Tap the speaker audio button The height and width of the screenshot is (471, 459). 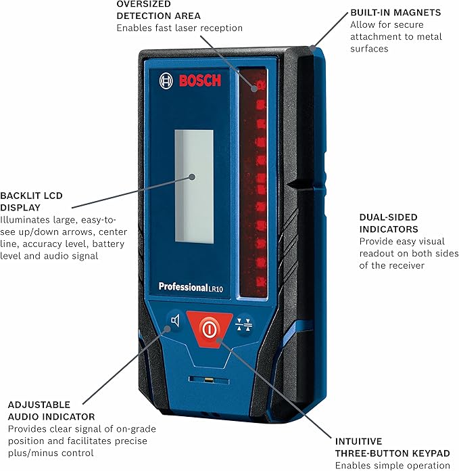tap(175, 321)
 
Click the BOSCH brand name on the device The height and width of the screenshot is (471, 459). tap(199, 81)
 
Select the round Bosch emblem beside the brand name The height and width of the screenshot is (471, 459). tap(166, 81)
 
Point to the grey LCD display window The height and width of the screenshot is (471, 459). tap(194, 185)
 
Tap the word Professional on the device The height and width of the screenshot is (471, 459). tap(183, 287)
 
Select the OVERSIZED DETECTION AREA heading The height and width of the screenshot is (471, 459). tap(158, 9)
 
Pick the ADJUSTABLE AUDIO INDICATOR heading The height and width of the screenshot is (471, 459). tap(51, 410)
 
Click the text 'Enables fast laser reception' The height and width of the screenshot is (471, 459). tap(179, 28)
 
